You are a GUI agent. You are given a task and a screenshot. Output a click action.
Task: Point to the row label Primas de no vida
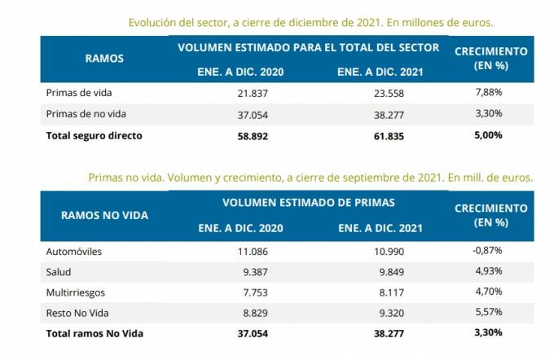point(86,113)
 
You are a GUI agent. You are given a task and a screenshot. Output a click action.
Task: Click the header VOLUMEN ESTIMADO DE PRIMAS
point(308,201)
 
